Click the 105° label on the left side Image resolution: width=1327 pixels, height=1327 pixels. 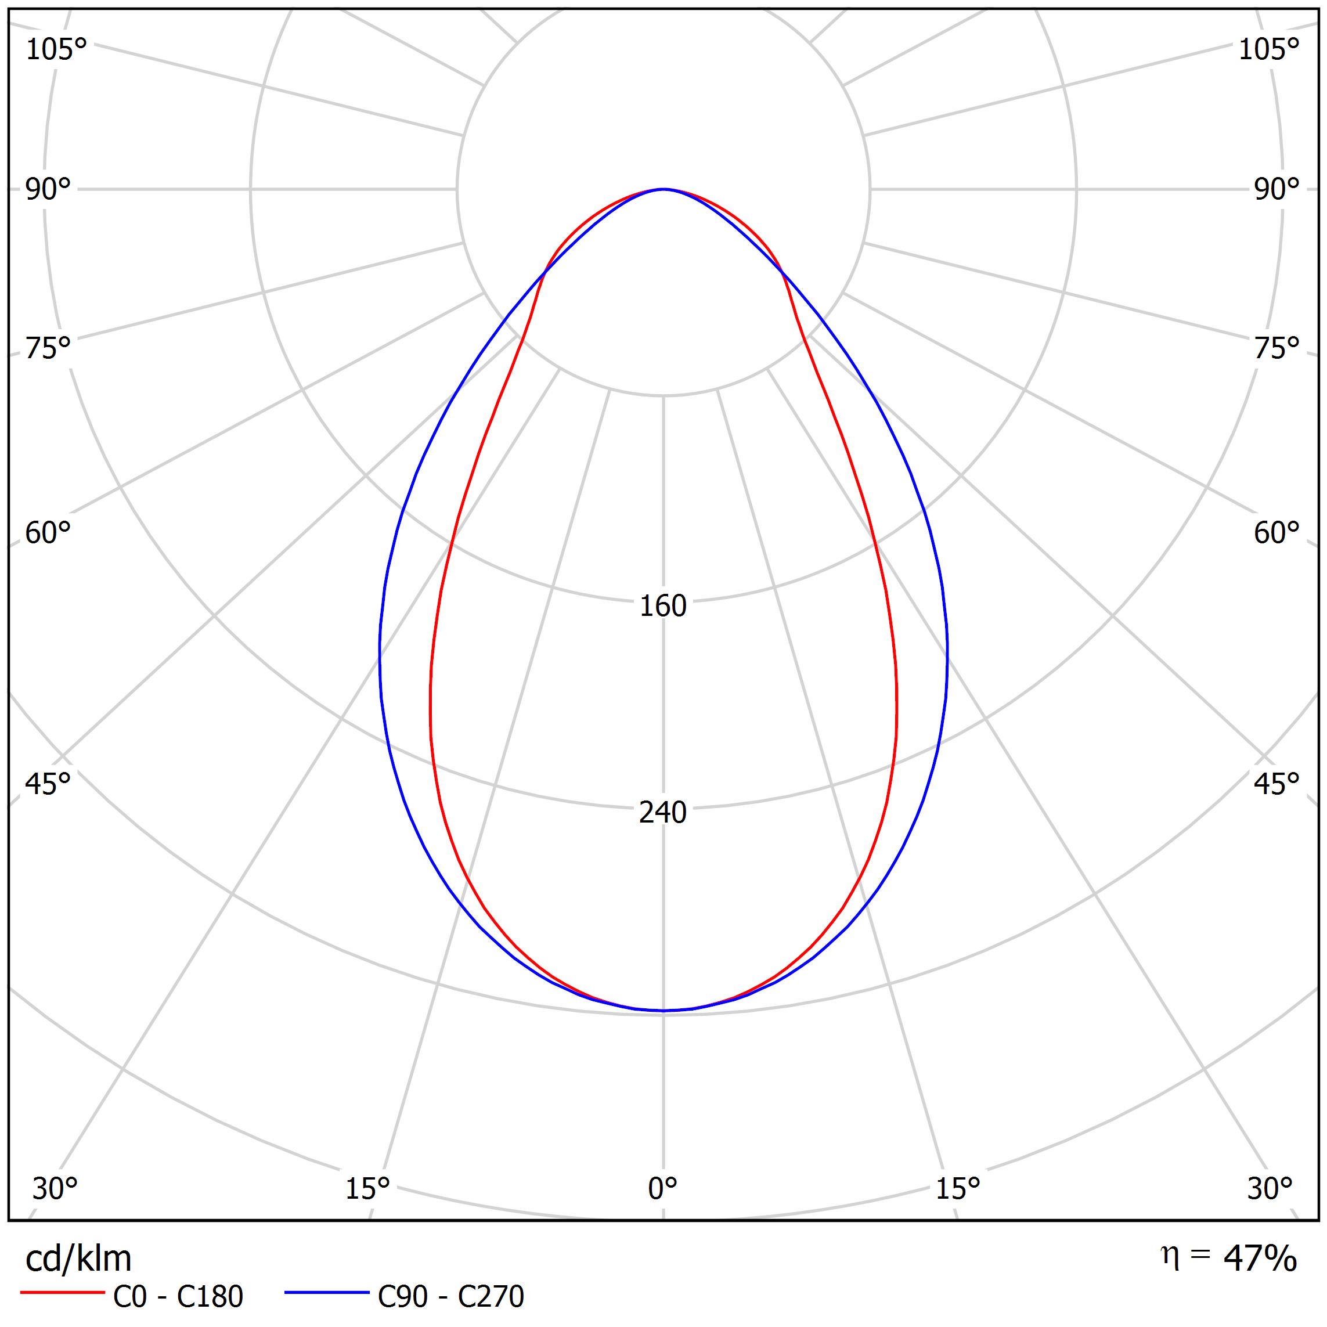tap(56, 50)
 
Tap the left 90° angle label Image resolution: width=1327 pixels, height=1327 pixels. tap(48, 190)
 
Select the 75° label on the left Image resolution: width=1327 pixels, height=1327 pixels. tap(48, 349)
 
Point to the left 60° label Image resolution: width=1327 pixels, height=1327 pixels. tap(48, 533)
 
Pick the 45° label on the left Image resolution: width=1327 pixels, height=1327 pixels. tap(48, 784)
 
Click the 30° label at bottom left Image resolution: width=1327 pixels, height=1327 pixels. tap(55, 1189)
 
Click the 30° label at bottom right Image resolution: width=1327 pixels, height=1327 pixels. tap(1270, 1189)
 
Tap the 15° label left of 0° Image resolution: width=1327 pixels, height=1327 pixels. tap(367, 1189)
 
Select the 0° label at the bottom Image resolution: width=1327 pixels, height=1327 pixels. tap(663, 1189)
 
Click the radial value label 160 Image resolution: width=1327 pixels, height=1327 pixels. tap(663, 607)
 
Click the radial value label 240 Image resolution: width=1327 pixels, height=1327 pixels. tap(663, 813)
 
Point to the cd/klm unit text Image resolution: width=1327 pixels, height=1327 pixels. tap(78, 1259)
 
